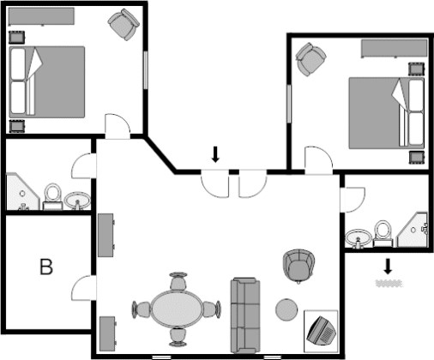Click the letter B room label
click(x=46, y=267)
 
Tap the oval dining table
click(x=177, y=309)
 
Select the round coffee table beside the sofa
click(x=286, y=309)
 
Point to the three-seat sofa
click(x=245, y=315)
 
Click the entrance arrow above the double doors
click(x=215, y=154)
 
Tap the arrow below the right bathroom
click(x=388, y=267)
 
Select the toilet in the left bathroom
click(x=53, y=196)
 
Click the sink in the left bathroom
click(x=77, y=201)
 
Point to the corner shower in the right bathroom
click(x=413, y=230)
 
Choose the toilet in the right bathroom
click(x=383, y=234)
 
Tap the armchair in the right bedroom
click(x=310, y=59)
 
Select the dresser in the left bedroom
click(x=41, y=16)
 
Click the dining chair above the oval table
click(x=178, y=281)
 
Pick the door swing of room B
click(x=83, y=288)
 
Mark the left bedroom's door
click(x=118, y=126)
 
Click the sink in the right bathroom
click(x=359, y=238)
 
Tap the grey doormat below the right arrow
click(x=389, y=283)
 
